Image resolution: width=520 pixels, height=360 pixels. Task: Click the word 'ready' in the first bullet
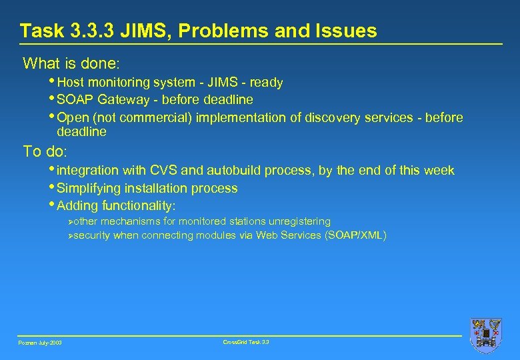point(267,83)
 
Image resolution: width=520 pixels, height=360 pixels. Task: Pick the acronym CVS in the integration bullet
point(189,171)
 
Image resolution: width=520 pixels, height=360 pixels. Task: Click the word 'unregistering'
point(299,221)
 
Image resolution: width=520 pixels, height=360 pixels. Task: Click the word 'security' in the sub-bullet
point(92,235)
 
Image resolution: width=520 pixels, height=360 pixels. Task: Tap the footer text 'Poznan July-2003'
point(40,343)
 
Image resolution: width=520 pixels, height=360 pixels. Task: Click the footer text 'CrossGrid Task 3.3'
point(246,342)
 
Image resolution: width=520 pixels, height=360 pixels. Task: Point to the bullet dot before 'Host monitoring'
point(53,81)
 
